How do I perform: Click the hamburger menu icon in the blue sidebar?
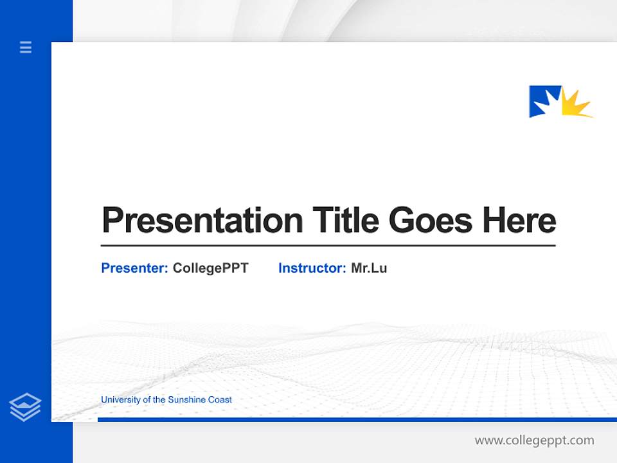[x=26, y=47]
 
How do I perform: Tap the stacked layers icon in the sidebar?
[x=25, y=407]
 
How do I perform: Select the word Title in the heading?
[x=346, y=220]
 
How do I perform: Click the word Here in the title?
[x=519, y=220]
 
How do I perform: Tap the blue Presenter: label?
[x=134, y=268]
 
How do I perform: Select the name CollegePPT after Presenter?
[x=210, y=268]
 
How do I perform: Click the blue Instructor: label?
[x=312, y=268]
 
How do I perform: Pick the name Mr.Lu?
[x=369, y=268]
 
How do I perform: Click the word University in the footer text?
[x=120, y=400]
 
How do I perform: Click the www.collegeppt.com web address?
[x=534, y=440]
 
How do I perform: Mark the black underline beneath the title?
[x=328, y=246]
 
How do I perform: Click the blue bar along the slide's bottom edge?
[x=353, y=419]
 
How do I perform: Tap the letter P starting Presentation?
[x=112, y=221]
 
